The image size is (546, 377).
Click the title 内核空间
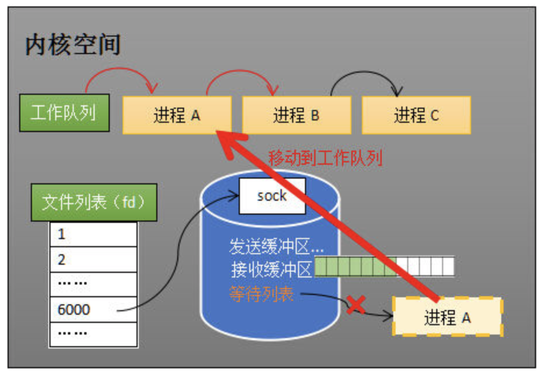[73, 45]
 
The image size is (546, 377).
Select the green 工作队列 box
[63, 112]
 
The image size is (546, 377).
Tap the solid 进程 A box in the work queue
[177, 115]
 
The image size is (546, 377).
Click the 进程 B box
[296, 115]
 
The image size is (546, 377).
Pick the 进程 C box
[416, 115]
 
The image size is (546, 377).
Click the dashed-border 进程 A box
[447, 317]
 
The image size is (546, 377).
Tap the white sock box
[272, 196]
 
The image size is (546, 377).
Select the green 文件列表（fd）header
[92, 202]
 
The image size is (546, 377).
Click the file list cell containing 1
[93, 234]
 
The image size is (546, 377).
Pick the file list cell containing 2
[93, 259]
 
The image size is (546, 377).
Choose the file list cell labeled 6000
[93, 309]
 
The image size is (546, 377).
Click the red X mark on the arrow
[355, 305]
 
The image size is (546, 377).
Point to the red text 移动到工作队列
[325, 158]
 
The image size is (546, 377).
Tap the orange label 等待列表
[261, 295]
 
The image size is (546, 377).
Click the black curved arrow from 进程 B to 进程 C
[366, 76]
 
